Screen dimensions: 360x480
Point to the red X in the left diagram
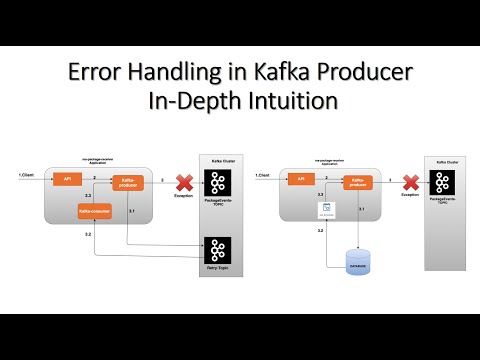pos(184,181)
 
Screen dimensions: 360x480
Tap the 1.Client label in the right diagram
pos(263,177)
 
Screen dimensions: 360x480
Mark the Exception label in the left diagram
pos(183,196)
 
